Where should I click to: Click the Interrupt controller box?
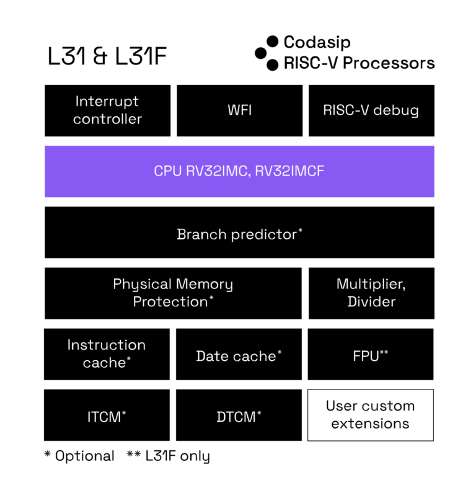tap(108, 110)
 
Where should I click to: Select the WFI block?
tap(239, 110)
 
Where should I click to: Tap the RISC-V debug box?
tap(371, 110)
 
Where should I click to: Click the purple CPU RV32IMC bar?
tap(239, 171)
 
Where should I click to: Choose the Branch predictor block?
tap(239, 233)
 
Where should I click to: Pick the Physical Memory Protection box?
tap(173, 293)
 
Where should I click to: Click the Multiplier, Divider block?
tap(371, 293)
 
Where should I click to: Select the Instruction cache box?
tap(107, 354)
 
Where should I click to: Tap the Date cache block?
tap(239, 354)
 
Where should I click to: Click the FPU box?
tap(371, 354)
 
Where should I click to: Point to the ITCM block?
tap(107, 415)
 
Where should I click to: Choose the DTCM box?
tap(239, 415)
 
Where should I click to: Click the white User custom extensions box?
tap(371, 415)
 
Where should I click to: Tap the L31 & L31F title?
tap(107, 56)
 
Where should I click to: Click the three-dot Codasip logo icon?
tap(267, 53)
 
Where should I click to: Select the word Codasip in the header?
tap(317, 42)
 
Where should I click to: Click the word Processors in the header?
tap(389, 63)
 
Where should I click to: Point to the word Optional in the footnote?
tap(85, 456)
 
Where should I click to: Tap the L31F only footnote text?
tap(178, 456)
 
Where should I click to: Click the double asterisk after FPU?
tap(384, 352)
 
